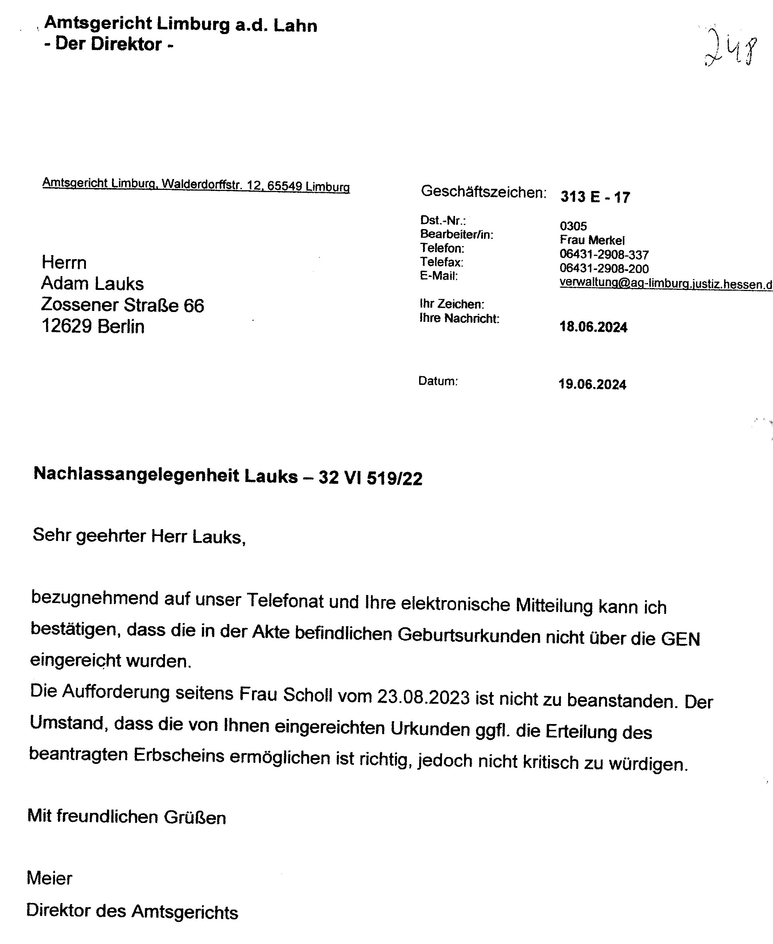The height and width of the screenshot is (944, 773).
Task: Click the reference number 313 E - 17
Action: click(595, 197)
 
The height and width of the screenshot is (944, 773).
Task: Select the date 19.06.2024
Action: click(592, 384)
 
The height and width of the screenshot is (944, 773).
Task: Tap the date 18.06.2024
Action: click(593, 327)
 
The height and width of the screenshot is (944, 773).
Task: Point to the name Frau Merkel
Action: click(592, 240)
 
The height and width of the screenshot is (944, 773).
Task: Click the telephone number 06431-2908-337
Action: click(604, 255)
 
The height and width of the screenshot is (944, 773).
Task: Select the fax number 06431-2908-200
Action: click(604, 269)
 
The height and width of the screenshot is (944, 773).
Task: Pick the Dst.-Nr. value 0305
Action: click(573, 226)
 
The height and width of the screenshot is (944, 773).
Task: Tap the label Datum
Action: click(438, 381)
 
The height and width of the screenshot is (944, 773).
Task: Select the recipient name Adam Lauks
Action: click(92, 283)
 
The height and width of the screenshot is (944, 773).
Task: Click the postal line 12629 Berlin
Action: click(92, 326)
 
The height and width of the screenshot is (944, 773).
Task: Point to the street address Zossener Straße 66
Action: click(123, 305)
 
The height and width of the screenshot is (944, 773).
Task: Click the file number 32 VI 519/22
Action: click(370, 478)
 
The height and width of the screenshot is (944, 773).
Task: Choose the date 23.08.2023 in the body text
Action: click(423, 696)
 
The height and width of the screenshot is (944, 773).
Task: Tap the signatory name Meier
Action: click(49, 878)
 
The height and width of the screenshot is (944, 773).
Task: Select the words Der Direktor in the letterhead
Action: click(109, 44)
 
